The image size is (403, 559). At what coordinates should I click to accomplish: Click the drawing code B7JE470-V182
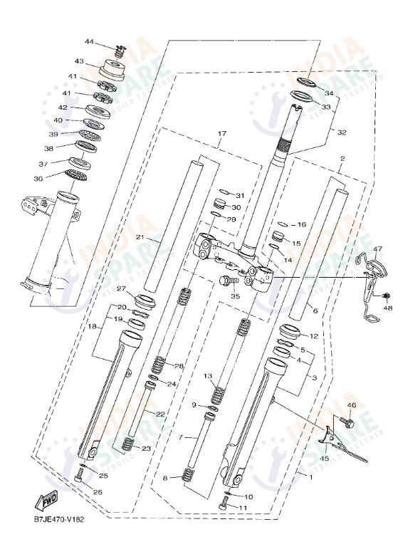click(x=58, y=519)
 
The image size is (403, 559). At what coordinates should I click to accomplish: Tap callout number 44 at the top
click(x=89, y=41)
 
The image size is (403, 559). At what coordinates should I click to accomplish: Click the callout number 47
click(x=377, y=249)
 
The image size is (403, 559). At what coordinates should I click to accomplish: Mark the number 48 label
click(x=388, y=308)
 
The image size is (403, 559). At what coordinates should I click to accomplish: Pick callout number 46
click(x=350, y=405)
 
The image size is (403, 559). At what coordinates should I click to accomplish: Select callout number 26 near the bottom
click(x=98, y=491)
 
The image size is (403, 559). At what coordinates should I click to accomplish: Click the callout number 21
click(x=140, y=238)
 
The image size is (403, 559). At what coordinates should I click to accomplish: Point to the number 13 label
click(x=208, y=375)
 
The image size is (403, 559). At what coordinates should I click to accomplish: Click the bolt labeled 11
click(x=226, y=503)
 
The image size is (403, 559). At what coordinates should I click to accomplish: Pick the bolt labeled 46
click(x=349, y=422)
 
